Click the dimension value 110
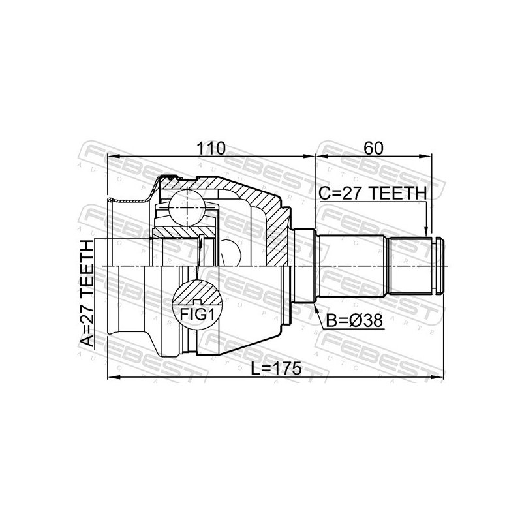click(211, 148)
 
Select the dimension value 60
click(373, 148)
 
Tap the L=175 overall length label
click(276, 368)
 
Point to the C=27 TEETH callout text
click(373, 193)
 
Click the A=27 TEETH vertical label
click(87, 293)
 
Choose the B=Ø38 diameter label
click(354, 321)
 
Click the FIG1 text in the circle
click(197, 314)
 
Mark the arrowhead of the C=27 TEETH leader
click(425, 232)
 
